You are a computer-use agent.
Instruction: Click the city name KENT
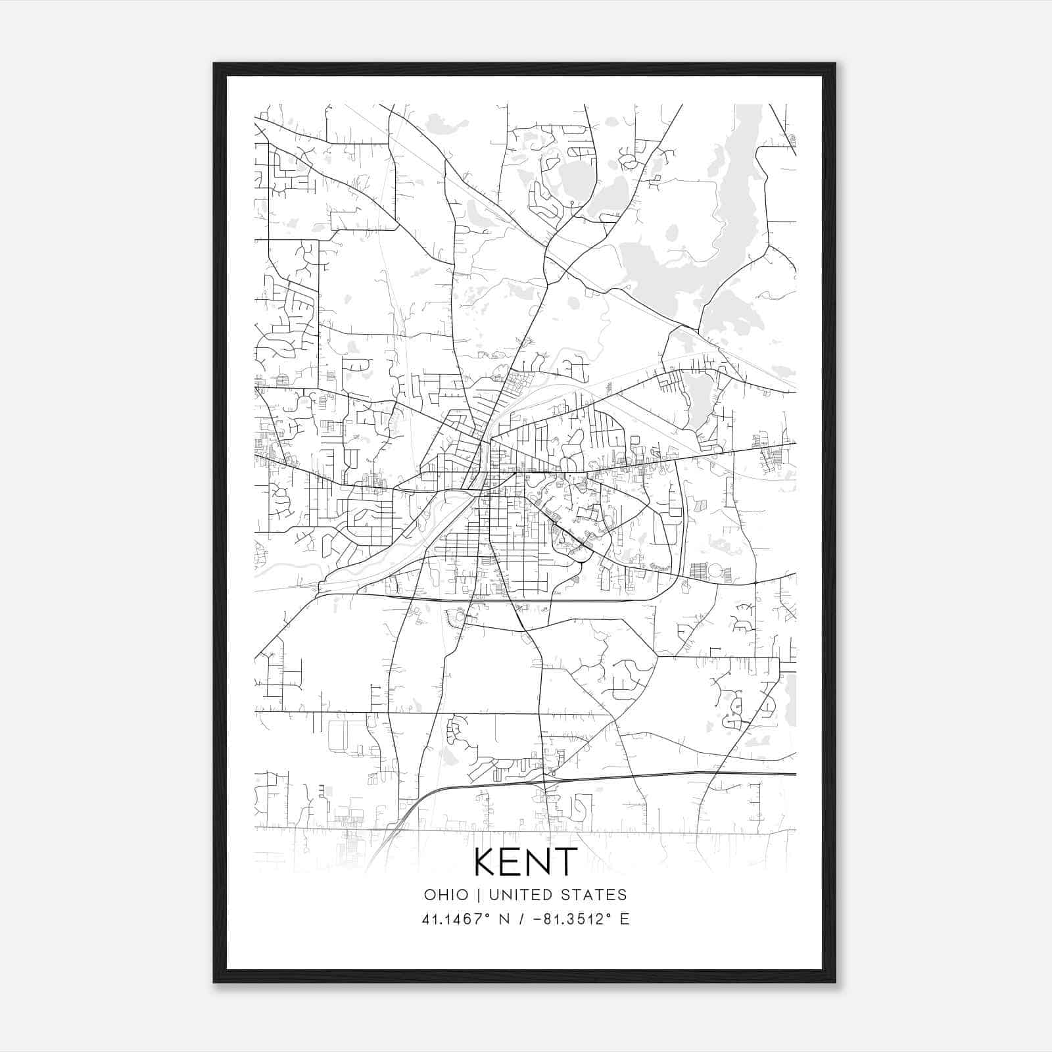525,862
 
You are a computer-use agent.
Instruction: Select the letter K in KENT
485,862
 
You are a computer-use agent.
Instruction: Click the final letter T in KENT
567,862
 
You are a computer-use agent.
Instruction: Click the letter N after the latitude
505,919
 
